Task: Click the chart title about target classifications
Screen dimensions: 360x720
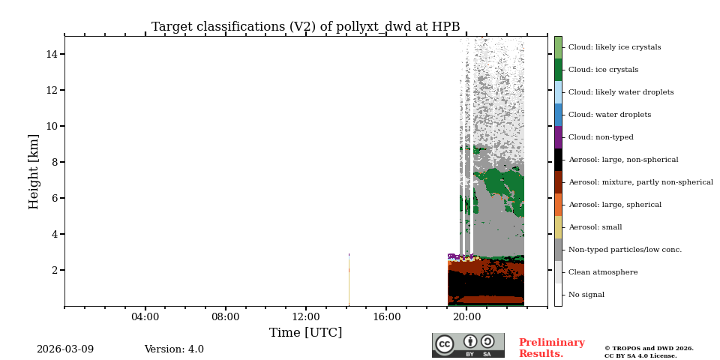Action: tap(305, 27)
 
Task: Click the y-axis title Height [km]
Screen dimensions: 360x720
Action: tap(34, 171)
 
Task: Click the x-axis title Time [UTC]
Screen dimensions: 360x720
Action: tap(305, 333)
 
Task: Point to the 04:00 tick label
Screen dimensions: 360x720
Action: tap(145, 317)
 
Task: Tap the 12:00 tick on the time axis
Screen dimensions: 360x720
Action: tap(306, 317)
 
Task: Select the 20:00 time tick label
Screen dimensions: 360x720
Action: tap(466, 317)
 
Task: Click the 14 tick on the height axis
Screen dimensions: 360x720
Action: tap(52, 54)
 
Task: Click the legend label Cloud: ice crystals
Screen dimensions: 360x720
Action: tap(603, 70)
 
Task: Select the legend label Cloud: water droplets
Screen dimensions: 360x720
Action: tap(609, 115)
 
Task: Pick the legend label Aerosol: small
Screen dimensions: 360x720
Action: tap(595, 227)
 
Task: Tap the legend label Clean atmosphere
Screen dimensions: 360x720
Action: tap(603, 272)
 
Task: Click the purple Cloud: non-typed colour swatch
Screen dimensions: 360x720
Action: tap(558, 137)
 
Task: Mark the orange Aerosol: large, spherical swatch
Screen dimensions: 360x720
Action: tap(558, 205)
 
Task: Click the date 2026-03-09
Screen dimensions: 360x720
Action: tap(65, 349)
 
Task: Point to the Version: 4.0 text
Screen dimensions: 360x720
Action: tap(174, 349)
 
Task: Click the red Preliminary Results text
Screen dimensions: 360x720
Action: tap(551, 348)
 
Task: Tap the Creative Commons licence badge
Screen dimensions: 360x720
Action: tap(468, 345)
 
